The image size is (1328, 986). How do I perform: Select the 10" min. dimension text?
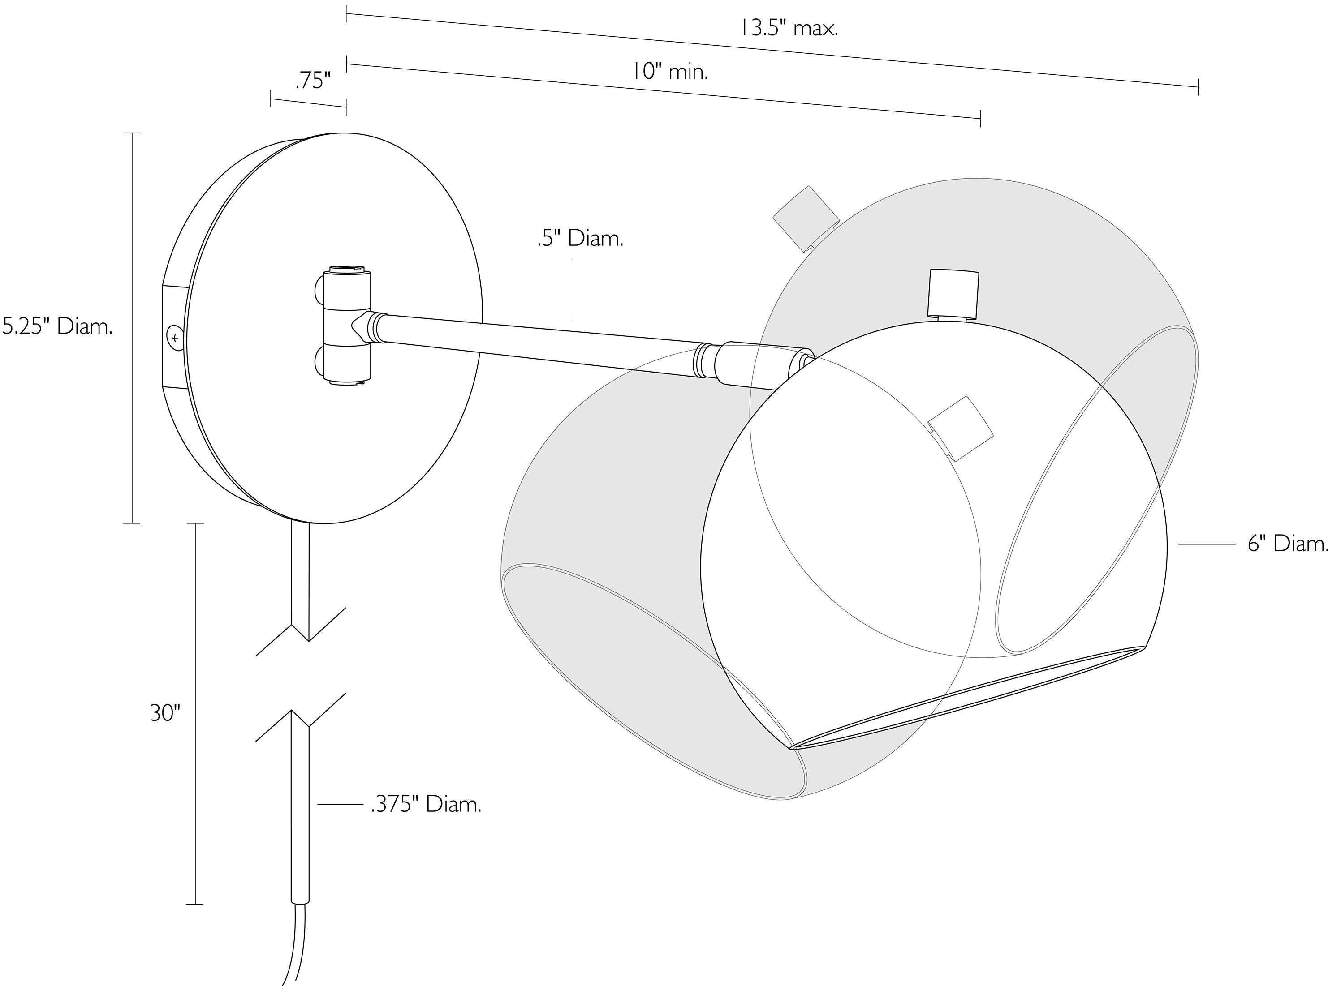click(670, 72)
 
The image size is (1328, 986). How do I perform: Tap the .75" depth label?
click(313, 81)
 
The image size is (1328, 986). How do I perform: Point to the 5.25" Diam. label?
click(57, 327)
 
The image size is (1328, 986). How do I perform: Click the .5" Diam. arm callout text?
click(580, 239)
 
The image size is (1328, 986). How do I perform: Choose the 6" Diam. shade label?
click(1287, 544)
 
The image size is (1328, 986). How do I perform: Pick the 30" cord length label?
click(165, 713)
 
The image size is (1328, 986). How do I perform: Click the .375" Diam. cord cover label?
click(426, 805)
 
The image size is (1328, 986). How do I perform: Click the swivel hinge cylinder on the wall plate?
click(347, 326)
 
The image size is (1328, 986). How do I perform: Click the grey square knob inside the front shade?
click(961, 429)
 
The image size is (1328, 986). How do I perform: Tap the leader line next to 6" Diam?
click(1206, 544)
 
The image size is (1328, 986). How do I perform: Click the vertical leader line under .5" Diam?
click(573, 290)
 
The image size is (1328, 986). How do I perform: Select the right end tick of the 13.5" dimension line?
click(1198, 86)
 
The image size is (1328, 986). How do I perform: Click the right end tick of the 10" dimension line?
click(980, 119)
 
